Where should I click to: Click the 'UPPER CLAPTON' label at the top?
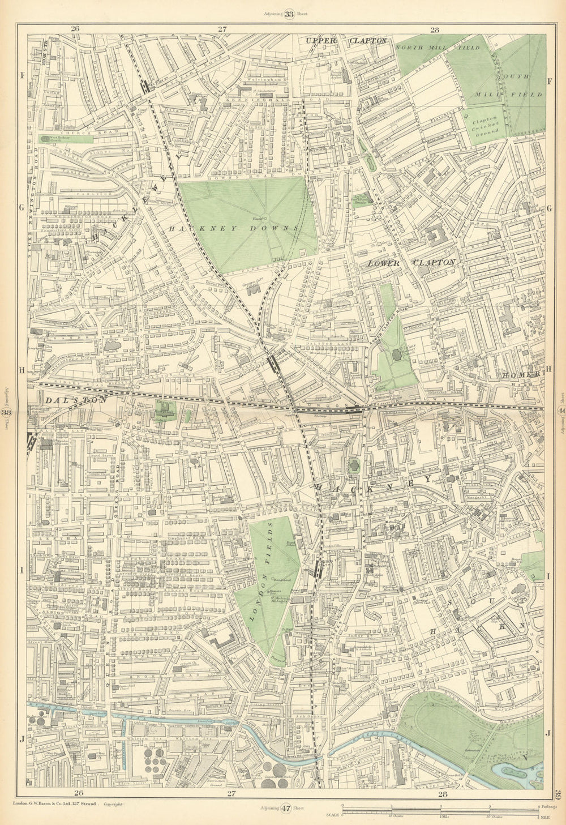346,41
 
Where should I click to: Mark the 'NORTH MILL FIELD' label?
437,48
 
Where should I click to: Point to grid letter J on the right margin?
548,733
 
